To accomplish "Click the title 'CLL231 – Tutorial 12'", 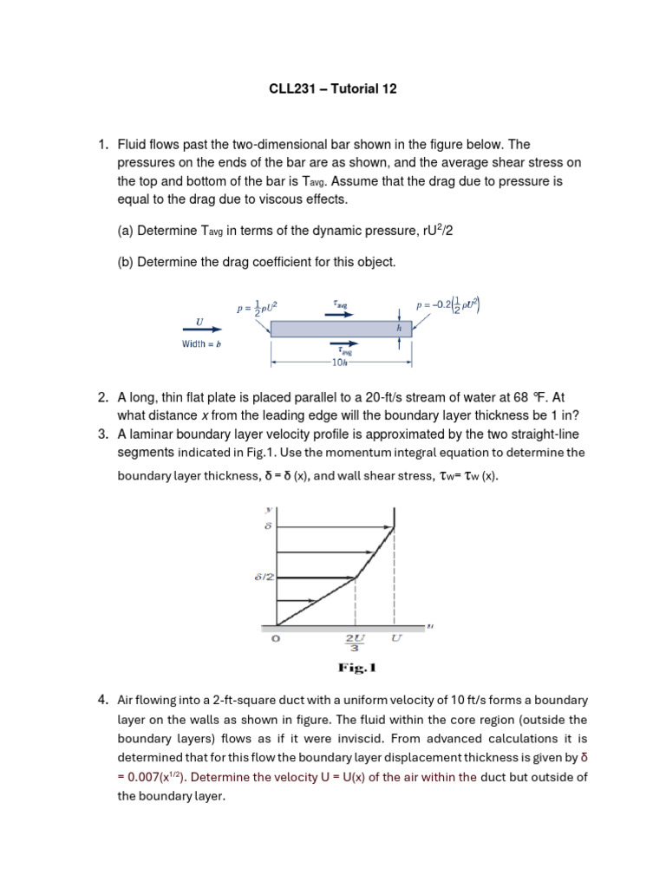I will [332, 89].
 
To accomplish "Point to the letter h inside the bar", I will [399, 329].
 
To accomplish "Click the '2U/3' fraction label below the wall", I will [356, 644].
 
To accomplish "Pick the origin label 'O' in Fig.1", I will [277, 639].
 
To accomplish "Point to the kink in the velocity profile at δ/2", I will [356, 577].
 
